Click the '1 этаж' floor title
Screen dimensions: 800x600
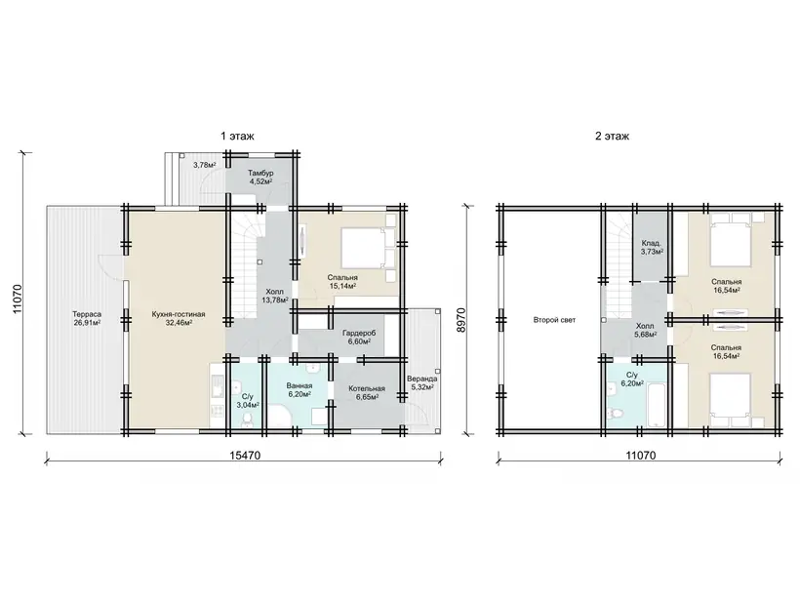coord(237,137)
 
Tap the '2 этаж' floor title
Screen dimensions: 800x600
coord(613,137)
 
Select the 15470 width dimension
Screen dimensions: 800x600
coord(245,455)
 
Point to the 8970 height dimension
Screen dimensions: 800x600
coord(461,320)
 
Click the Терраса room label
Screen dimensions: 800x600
coord(87,314)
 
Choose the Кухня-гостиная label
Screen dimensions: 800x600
coord(179,314)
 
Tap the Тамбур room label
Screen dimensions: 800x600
coord(260,174)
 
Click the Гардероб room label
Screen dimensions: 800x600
coord(359,333)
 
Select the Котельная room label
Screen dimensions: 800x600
coord(367,388)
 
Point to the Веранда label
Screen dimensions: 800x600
coord(421,380)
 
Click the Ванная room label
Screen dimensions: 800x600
coord(299,386)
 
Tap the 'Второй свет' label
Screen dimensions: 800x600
coord(554,320)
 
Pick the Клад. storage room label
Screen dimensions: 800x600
coord(652,243)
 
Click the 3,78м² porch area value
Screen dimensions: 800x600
coord(205,165)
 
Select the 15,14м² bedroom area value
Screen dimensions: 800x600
coord(342,286)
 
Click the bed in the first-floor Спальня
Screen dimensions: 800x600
coord(363,248)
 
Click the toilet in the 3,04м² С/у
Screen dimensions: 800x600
coord(248,420)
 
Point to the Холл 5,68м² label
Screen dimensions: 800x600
coord(646,330)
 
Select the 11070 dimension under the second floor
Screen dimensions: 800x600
coord(641,455)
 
